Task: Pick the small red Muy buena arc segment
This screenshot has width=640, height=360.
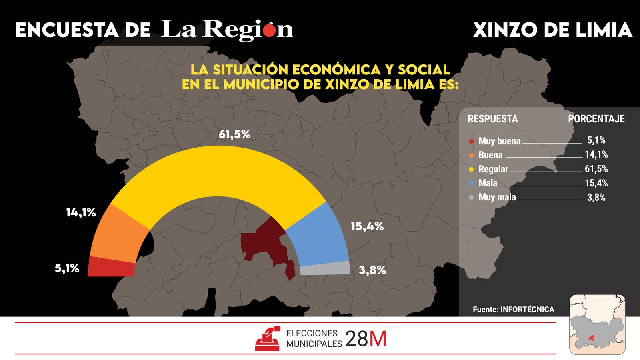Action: point(111,267)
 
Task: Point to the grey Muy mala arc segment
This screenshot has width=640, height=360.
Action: point(325,268)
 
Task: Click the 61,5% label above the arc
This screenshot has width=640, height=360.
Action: point(234,134)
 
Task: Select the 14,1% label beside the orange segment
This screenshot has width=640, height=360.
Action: point(81,212)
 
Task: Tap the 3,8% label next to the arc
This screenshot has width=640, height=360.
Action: point(372,270)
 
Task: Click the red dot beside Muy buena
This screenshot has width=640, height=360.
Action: point(471,141)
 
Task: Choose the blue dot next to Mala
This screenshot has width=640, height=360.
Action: point(471,183)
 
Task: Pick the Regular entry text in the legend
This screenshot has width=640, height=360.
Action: point(493,169)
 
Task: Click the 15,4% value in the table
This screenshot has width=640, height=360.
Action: point(596,183)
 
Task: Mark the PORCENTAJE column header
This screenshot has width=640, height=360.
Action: point(596,119)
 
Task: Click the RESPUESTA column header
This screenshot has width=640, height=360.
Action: point(492,119)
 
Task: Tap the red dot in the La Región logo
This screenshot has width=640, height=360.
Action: point(270,30)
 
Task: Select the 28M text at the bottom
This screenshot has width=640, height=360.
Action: point(366,339)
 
